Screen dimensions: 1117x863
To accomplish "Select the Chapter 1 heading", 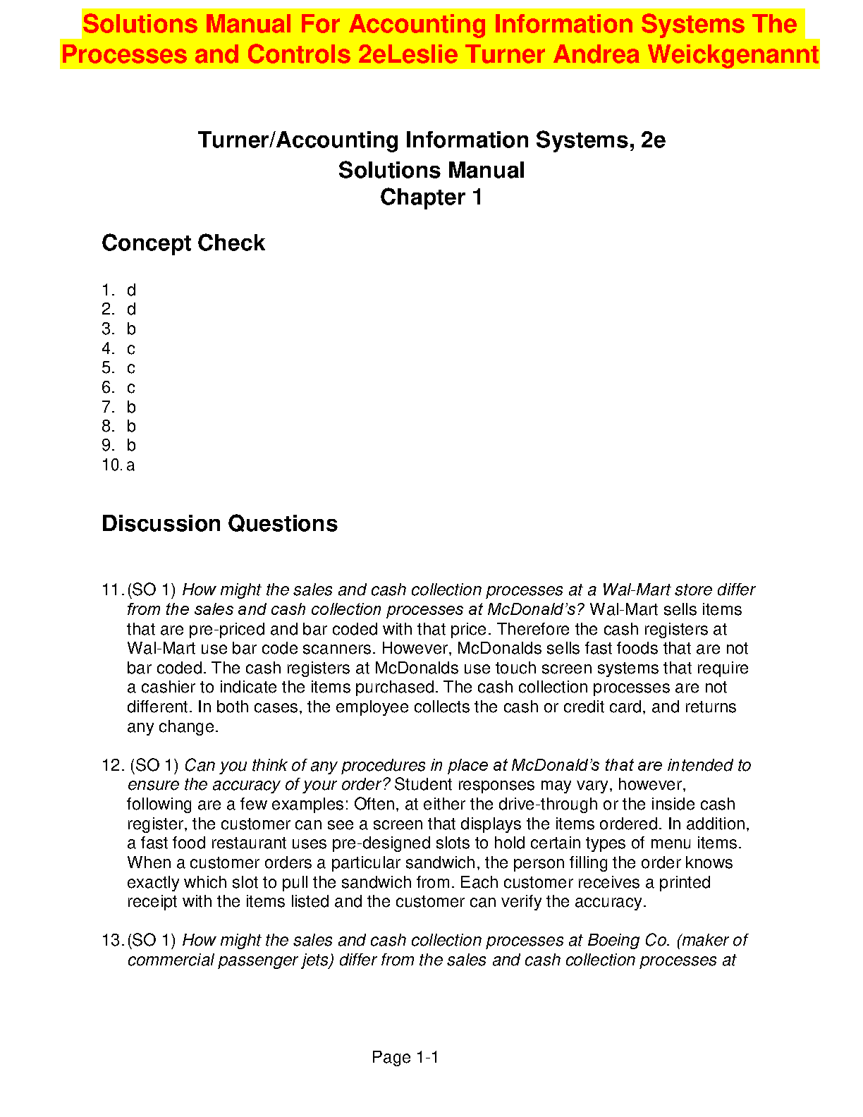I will (431, 197).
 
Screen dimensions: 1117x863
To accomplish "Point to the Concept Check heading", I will (183, 243).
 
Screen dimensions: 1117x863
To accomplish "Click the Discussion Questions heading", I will (219, 524).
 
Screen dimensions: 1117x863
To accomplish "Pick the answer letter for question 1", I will (131, 291).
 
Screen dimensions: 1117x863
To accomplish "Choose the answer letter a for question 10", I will (130, 465).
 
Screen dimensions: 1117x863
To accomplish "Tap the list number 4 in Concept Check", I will (107, 349).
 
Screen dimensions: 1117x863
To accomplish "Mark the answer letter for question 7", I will (131, 408).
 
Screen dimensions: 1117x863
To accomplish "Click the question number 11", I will (112, 590).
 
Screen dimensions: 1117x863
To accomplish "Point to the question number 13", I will (112, 941).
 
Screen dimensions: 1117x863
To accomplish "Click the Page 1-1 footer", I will (405, 1058).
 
